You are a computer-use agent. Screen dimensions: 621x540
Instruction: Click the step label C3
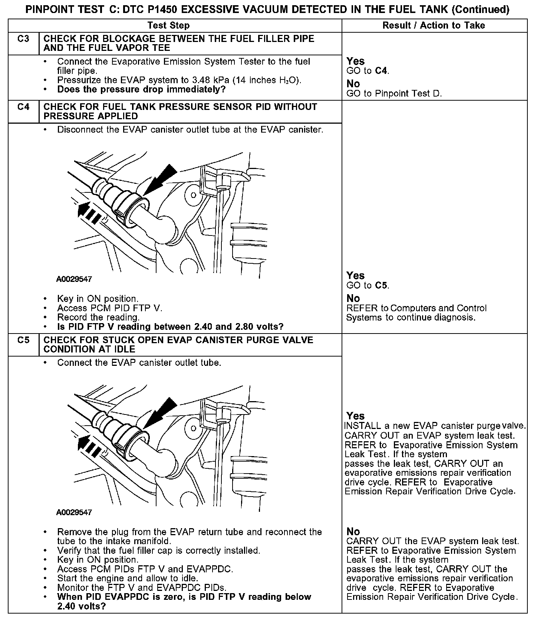[x=23, y=39]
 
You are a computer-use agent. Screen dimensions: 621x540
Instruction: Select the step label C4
[x=23, y=107]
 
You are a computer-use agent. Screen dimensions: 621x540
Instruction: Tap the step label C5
[x=23, y=340]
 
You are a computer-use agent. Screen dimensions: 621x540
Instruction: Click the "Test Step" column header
[x=168, y=25]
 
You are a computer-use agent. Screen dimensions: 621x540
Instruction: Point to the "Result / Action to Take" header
[x=434, y=25]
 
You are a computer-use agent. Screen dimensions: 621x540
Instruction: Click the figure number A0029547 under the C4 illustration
[x=74, y=279]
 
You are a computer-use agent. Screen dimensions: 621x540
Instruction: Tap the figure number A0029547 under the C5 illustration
[x=74, y=513]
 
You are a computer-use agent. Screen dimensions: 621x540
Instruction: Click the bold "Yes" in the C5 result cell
[x=355, y=416]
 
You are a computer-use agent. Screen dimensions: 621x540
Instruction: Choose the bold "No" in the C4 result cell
[x=353, y=298]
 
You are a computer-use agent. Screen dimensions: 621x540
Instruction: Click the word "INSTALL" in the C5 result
[x=363, y=426]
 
